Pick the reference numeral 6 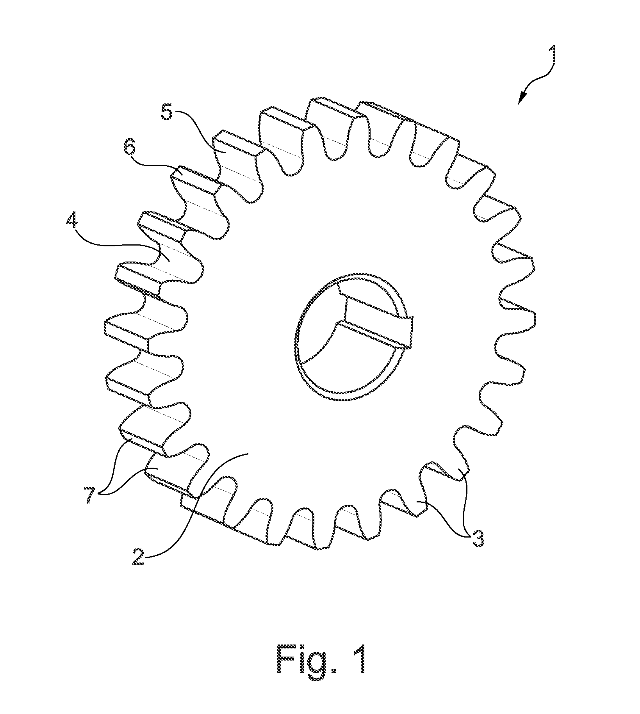click(131, 150)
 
